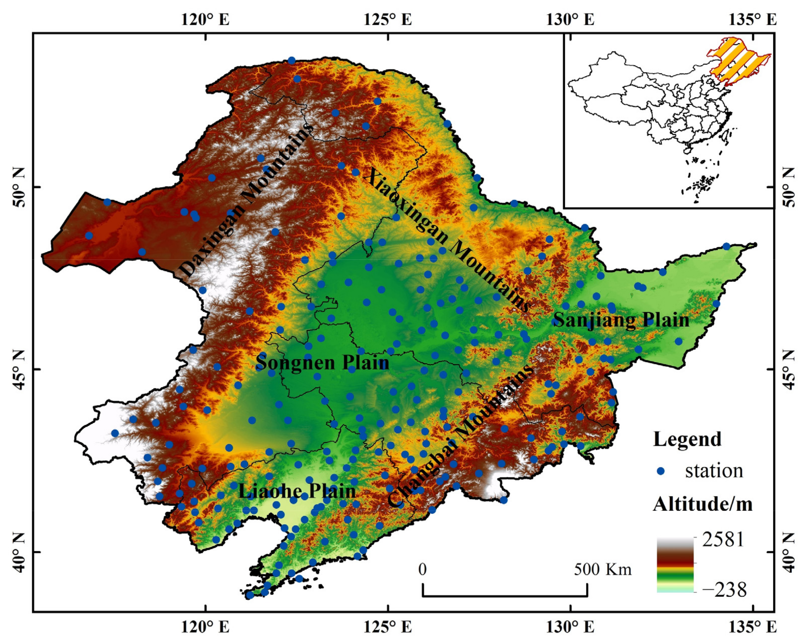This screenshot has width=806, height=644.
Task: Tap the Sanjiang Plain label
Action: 621,320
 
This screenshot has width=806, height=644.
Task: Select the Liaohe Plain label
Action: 297,491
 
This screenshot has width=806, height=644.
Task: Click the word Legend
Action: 687,439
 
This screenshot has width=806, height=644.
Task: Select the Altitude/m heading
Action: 703,504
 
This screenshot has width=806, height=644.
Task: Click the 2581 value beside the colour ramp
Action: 723,540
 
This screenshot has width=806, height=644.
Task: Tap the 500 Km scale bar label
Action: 603,570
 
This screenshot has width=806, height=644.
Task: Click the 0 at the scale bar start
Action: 422,570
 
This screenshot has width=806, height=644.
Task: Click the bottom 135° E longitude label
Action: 752,627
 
